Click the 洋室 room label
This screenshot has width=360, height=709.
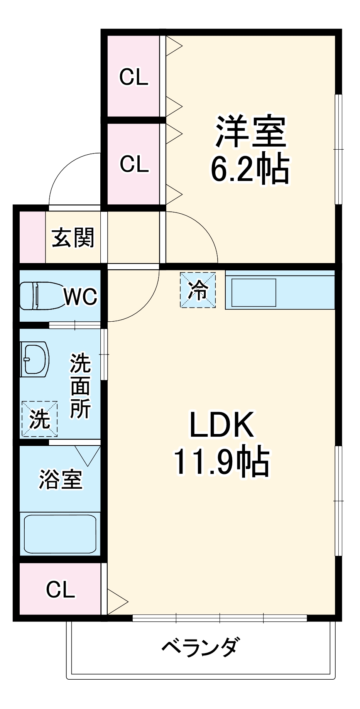pos(250,132)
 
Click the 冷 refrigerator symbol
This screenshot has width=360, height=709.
pos(198,290)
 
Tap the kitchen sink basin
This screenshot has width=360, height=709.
pos(254,293)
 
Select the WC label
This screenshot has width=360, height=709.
pos(80,297)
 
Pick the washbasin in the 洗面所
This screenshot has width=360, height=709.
pos(35,359)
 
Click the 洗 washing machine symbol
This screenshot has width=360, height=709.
pos(40,419)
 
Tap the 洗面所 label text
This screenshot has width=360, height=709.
pos(80,385)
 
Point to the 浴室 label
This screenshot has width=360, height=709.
pos(61,479)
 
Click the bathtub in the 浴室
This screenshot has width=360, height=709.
pos(60,534)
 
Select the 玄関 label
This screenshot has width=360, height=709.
pos(73,237)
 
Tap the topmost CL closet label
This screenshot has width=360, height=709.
pos(134,77)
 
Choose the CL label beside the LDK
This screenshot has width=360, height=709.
pos(60,589)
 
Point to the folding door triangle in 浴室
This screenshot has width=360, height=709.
pos(88,455)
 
